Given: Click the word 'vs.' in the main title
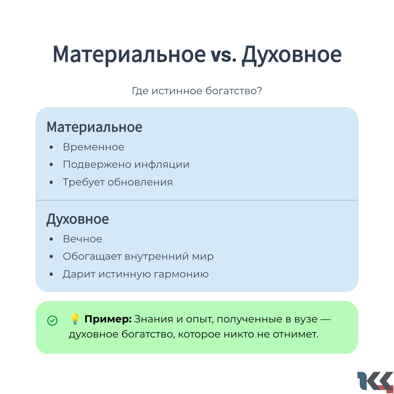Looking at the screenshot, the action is (224, 55).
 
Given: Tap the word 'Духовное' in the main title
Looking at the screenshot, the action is (292, 55).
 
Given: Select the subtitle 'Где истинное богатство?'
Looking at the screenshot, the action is (197, 91).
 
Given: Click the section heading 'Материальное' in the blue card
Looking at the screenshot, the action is (95, 127).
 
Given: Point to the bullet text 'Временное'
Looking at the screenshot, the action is (93, 147).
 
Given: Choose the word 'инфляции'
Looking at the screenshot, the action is (162, 165).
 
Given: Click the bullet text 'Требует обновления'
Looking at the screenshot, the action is (118, 182).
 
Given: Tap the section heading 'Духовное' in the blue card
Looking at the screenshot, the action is (78, 219).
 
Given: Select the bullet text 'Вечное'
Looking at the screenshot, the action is (83, 239).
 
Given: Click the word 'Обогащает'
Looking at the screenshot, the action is (92, 257).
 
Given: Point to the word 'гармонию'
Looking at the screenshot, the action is (181, 274).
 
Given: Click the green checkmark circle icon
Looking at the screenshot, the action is (52, 321).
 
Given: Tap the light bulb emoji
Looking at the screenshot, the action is (75, 319).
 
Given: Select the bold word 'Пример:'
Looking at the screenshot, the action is (108, 319).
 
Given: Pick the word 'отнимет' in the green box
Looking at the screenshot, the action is (295, 334).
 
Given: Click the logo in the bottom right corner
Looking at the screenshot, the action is (376, 382).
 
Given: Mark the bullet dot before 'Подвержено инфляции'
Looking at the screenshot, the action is (52, 165).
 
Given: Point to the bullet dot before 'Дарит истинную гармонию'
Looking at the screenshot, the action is (52, 274).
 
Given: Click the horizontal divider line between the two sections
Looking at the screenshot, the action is (197, 200).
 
